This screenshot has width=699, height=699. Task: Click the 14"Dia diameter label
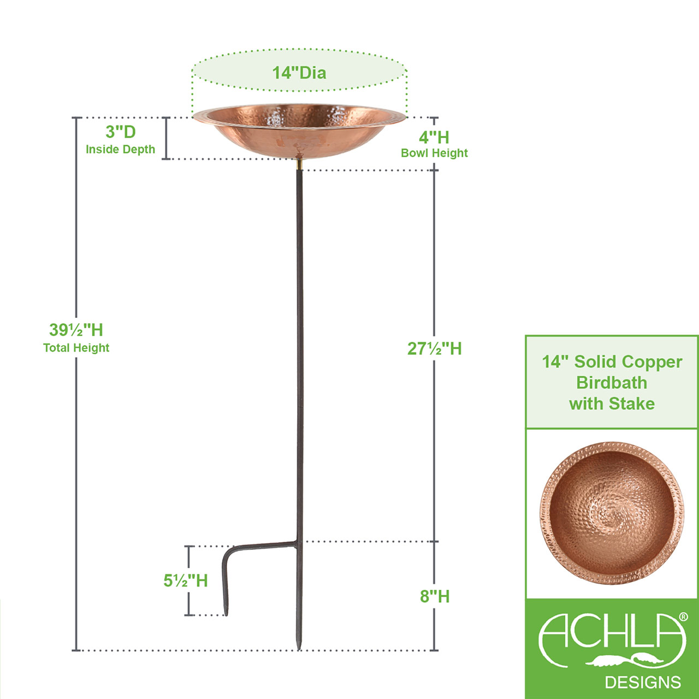[x=299, y=73]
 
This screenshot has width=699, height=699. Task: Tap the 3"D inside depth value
[x=120, y=132]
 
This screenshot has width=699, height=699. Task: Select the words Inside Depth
[x=120, y=149]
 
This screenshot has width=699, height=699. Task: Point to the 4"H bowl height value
[x=434, y=137]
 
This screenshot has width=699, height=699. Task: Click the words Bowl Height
[x=434, y=153]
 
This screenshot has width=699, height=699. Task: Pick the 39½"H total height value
[x=76, y=330]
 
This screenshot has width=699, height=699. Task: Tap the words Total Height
[x=76, y=348]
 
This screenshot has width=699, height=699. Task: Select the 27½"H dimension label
[x=434, y=348]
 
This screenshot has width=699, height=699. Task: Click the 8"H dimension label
[x=434, y=596]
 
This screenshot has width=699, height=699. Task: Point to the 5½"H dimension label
[x=186, y=580]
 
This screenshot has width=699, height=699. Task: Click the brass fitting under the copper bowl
[x=299, y=163]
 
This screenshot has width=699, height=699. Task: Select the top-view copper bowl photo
[x=612, y=513]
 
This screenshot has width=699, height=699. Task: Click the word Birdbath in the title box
[x=612, y=383]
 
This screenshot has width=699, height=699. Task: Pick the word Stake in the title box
[x=632, y=404]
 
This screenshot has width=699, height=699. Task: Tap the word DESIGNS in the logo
[x=643, y=682]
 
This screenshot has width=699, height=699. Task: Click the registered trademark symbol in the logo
[x=683, y=617]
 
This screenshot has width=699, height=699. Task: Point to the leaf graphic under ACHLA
[x=625, y=660]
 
